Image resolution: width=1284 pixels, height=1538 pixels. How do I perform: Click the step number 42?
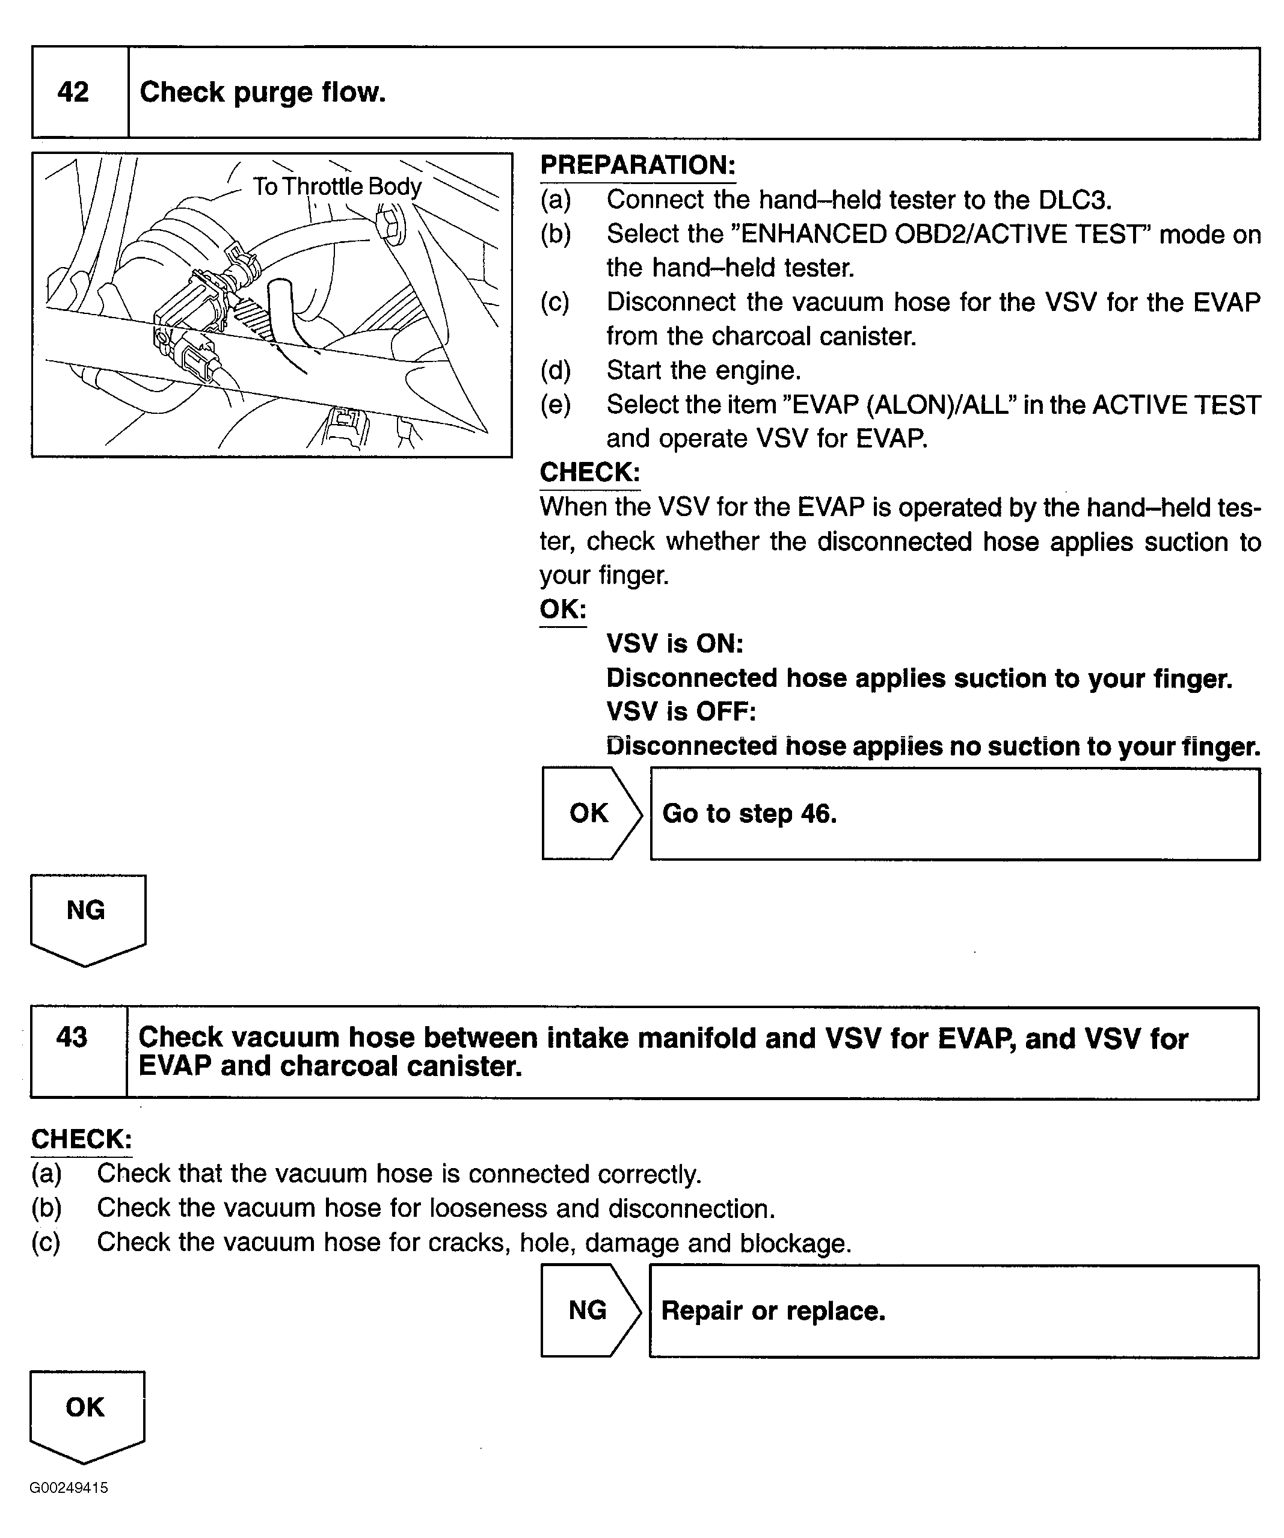click(x=73, y=92)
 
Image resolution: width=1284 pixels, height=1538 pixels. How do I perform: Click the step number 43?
click(x=72, y=1037)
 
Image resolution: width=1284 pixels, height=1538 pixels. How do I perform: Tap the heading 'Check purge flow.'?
click(x=262, y=92)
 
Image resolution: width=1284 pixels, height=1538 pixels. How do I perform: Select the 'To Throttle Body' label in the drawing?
click(x=337, y=186)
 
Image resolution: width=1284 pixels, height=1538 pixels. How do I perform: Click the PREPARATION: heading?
click(x=637, y=165)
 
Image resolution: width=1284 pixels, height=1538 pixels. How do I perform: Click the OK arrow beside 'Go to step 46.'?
click(x=589, y=813)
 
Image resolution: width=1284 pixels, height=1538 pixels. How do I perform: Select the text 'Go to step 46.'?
click(x=749, y=814)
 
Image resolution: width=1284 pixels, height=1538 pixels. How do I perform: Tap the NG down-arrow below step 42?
click(x=87, y=915)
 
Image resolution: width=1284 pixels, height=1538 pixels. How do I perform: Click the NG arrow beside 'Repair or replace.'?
click(x=588, y=1310)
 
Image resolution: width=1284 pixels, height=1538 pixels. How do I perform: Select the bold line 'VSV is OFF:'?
click(x=680, y=711)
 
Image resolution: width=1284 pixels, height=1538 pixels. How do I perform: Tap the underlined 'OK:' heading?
click(x=562, y=609)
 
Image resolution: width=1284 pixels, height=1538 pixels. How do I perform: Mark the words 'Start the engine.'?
click(x=703, y=371)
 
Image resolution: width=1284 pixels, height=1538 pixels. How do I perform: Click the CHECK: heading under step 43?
click(x=81, y=1140)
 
